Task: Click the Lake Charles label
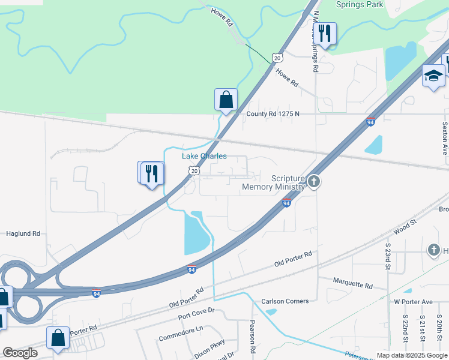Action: point(204,156)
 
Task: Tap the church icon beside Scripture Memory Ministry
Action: point(313,181)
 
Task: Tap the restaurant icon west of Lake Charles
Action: point(151,173)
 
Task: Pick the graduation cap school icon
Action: point(433,76)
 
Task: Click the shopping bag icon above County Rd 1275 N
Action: point(226,99)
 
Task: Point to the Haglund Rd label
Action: point(23,233)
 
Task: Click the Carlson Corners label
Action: point(285,301)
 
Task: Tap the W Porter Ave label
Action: point(413,301)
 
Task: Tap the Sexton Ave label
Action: point(445,139)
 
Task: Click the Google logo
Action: point(20,353)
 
